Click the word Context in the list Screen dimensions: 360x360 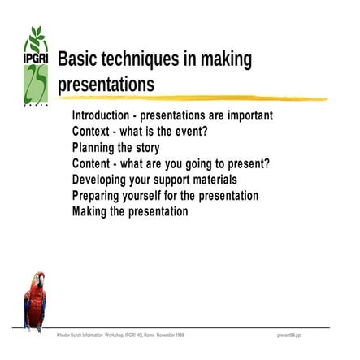coord(92,132)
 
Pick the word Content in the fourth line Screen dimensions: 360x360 coord(93,163)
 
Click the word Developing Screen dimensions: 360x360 coord(102,180)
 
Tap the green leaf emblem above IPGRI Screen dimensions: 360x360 coord(36,39)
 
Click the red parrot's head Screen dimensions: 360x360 coord(37,281)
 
